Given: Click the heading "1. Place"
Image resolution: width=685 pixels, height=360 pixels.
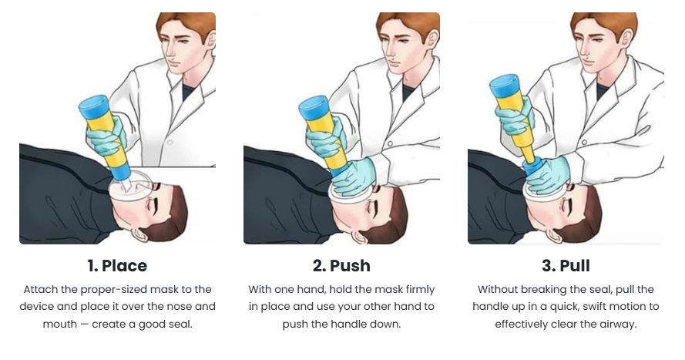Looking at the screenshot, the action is pos(117,266).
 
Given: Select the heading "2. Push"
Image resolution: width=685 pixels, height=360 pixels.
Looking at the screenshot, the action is pos(341,266).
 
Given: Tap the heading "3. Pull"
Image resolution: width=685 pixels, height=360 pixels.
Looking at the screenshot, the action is pos(566,266).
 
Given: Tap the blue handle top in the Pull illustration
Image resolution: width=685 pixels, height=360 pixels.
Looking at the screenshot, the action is pos(504,86).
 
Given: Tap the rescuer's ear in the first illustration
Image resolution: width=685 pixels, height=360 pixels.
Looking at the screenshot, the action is pos(210,39).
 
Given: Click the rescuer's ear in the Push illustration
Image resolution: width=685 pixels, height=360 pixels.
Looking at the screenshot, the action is pos(431,39).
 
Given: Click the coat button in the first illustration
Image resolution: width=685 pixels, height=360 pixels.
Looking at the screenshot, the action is pos(170,143).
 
